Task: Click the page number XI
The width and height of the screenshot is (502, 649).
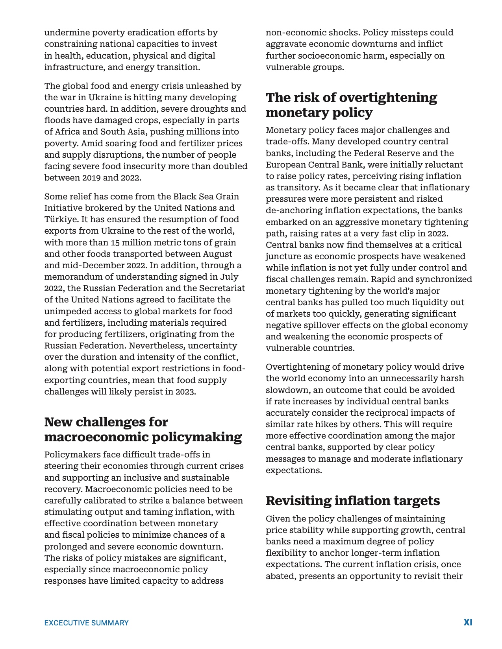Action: pos(468,622)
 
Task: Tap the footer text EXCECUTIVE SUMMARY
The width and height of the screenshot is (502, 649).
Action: pos(86,623)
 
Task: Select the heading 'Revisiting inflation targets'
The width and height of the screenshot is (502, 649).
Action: pos(353,500)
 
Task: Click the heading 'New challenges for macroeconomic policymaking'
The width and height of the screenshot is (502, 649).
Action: pos(143,429)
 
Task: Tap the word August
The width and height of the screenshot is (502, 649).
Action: pos(218,254)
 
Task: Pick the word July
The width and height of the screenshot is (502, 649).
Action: pos(229,277)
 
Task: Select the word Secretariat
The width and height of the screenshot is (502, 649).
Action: pos(222,288)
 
